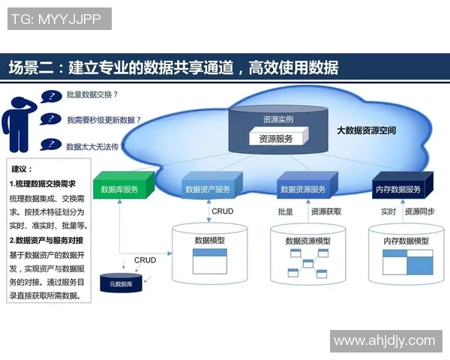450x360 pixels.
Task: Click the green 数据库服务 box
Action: point(120,189)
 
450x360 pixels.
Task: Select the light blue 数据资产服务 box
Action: point(208,189)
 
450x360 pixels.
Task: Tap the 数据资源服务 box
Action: point(302,189)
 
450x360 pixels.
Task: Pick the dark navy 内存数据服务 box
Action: point(398,189)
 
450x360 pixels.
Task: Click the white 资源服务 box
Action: point(276,138)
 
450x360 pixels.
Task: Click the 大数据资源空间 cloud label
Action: point(366,130)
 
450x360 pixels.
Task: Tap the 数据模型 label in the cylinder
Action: point(210,241)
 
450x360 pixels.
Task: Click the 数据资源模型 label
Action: point(308,241)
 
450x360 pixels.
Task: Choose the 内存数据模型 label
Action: point(406,241)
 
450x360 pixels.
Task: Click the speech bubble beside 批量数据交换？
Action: point(52,96)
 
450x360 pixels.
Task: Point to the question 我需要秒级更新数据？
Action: point(103,119)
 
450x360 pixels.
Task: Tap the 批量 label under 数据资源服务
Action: point(286,212)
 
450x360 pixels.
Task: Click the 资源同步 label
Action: point(418,212)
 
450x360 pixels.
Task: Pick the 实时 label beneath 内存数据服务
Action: point(388,212)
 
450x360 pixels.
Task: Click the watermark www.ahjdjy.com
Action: point(384,340)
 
